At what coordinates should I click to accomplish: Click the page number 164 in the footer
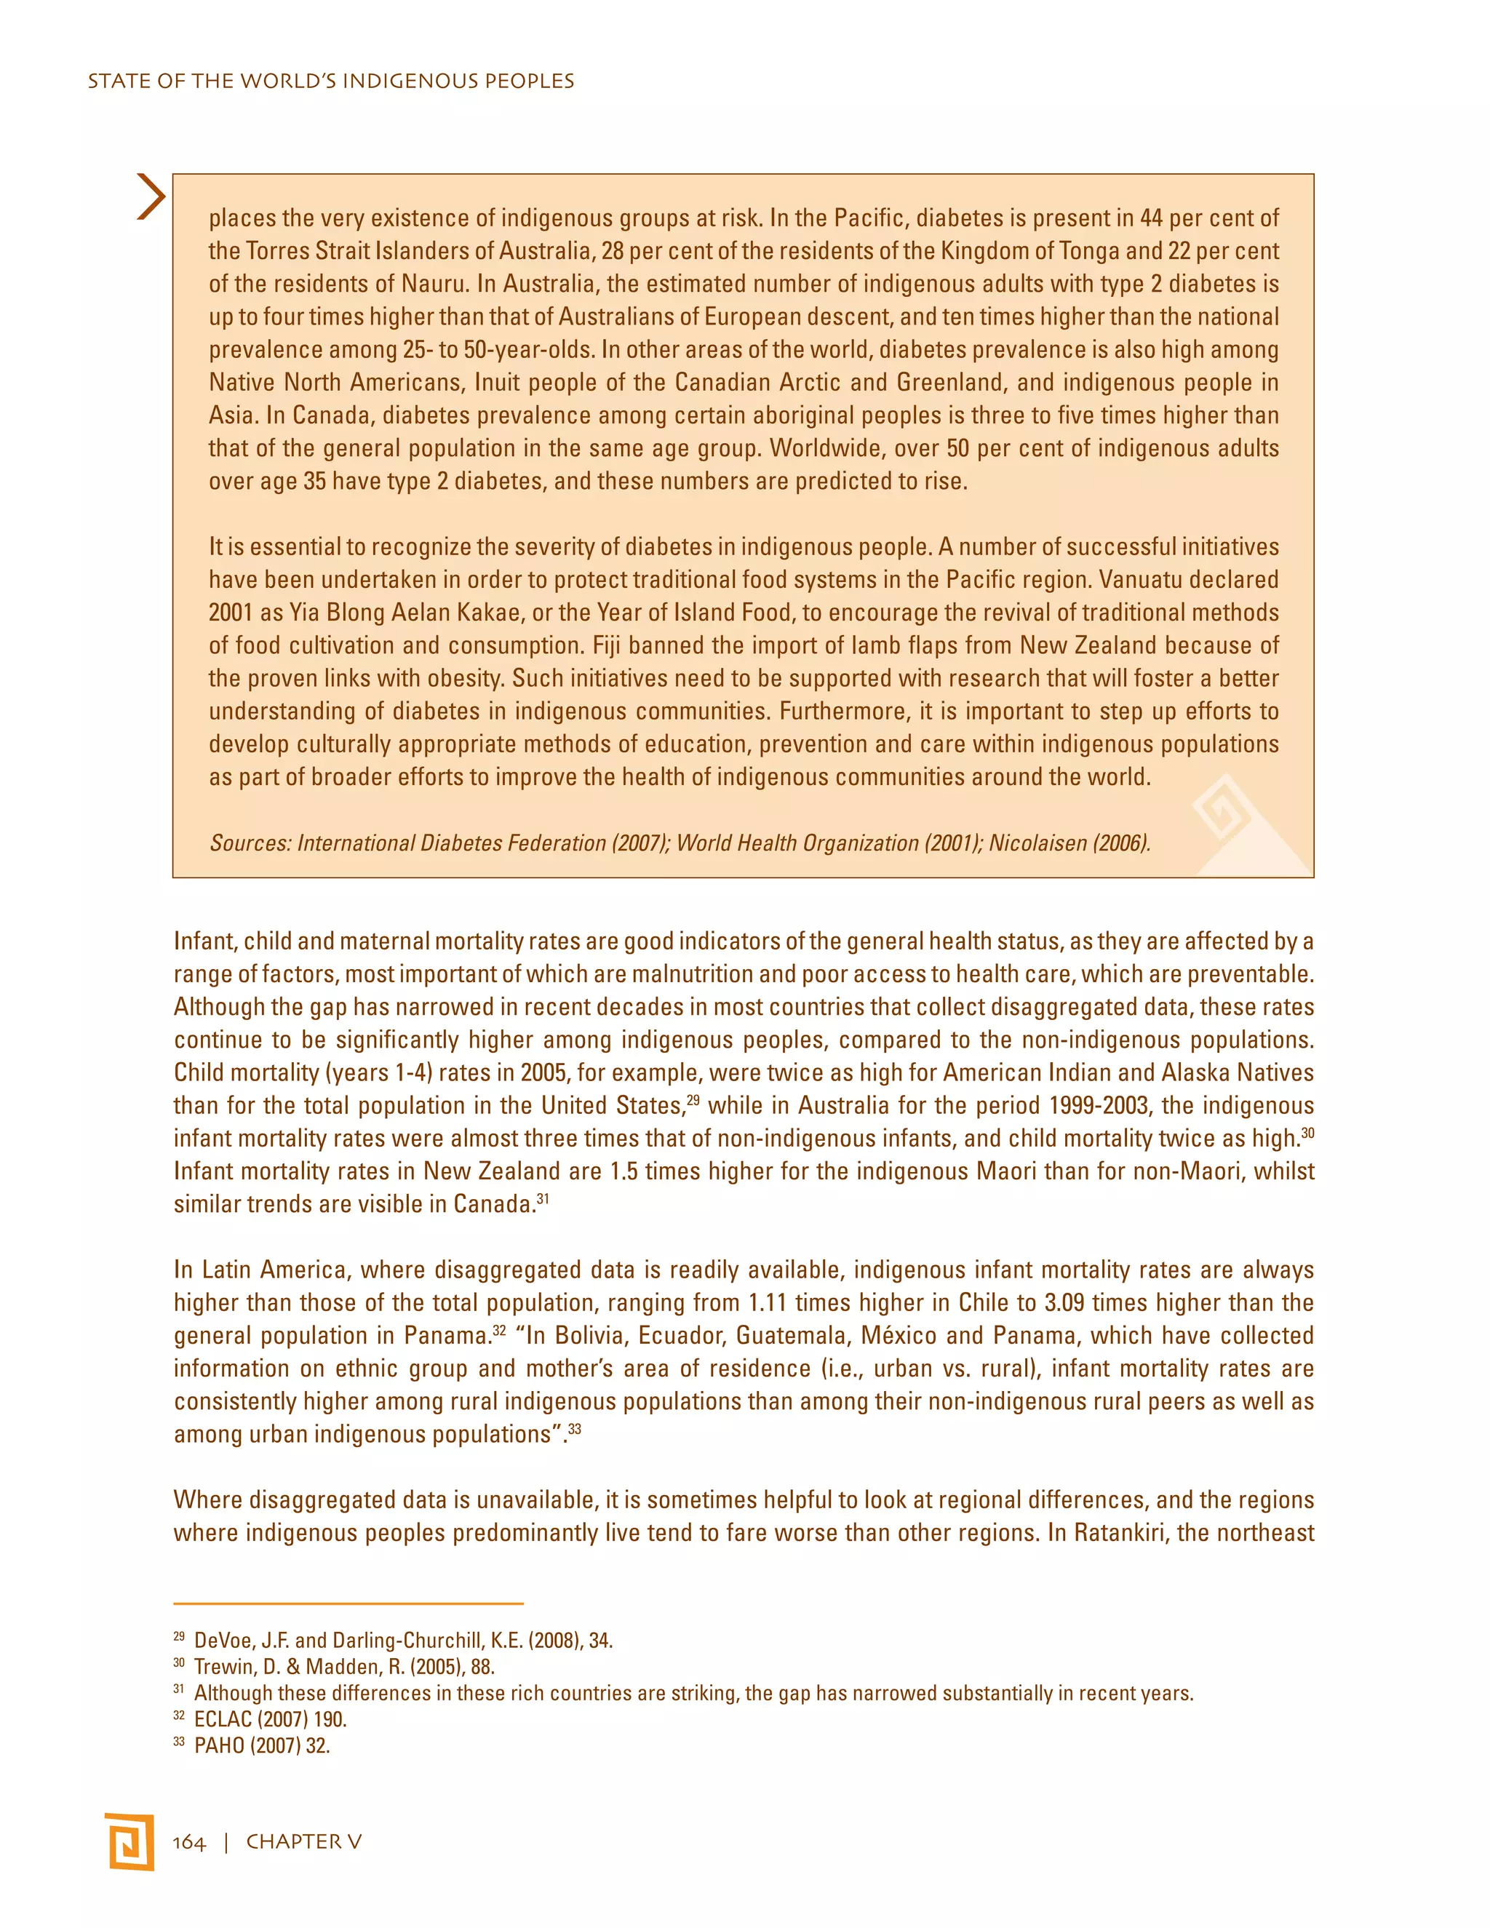coord(189,1841)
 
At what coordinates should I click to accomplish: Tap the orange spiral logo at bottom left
coord(129,1841)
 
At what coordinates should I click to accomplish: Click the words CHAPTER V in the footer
coord(303,1841)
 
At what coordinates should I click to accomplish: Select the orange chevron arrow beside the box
coord(151,197)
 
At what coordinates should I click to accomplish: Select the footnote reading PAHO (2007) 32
coord(261,1745)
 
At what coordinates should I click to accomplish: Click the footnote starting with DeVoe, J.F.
coord(402,1640)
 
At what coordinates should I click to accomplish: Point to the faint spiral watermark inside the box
coord(1222,808)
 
